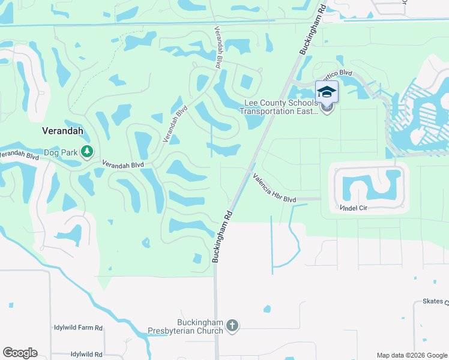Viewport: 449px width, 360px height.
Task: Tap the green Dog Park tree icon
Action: (x=87, y=152)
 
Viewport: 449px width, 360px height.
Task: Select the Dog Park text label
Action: (x=61, y=152)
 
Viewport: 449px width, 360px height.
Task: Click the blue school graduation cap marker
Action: (x=327, y=92)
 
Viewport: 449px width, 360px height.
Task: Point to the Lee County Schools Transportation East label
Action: (x=279, y=107)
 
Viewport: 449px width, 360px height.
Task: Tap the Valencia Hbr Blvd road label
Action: (x=274, y=188)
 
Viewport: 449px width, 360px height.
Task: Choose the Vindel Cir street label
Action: (x=354, y=208)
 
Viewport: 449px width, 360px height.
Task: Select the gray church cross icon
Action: (x=232, y=326)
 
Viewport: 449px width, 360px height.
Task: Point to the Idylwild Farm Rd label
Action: (x=77, y=328)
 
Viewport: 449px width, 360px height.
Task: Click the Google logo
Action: (x=20, y=353)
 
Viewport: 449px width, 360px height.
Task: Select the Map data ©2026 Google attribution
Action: (x=411, y=355)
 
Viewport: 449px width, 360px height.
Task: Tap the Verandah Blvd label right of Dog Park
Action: (x=122, y=164)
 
